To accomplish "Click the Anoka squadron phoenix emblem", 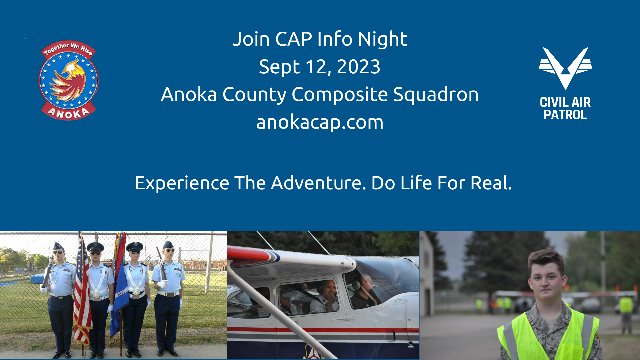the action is pos(69,80).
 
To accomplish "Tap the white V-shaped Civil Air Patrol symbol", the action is pos(565,68).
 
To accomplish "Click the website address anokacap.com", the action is pos(320,122).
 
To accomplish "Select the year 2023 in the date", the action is pos(359,67).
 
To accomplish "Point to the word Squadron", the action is pos(436,94).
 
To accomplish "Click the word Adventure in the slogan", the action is pos(318,183).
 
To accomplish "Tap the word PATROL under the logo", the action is pos(565,115).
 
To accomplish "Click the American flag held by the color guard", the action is pos(82,290).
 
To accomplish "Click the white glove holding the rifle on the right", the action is pos(162,284).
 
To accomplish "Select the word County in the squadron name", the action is pos(254,95).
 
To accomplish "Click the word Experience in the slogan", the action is pos(182,183).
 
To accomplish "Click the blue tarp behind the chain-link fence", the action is pos(37,278).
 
